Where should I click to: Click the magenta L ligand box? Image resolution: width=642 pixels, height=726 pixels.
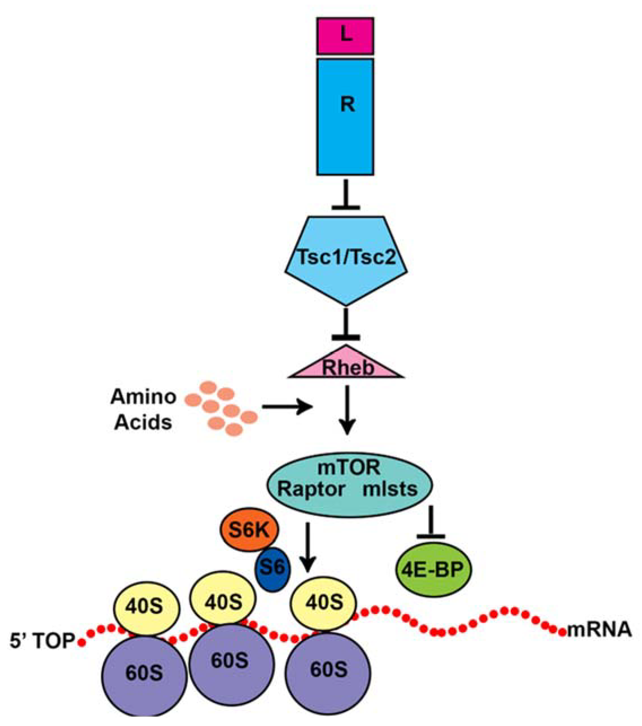click(345, 36)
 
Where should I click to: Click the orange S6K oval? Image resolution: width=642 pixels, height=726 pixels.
click(250, 531)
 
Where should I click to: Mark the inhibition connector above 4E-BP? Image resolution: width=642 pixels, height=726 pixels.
click(431, 522)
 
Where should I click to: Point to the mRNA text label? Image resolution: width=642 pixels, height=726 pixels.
click(599, 631)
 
